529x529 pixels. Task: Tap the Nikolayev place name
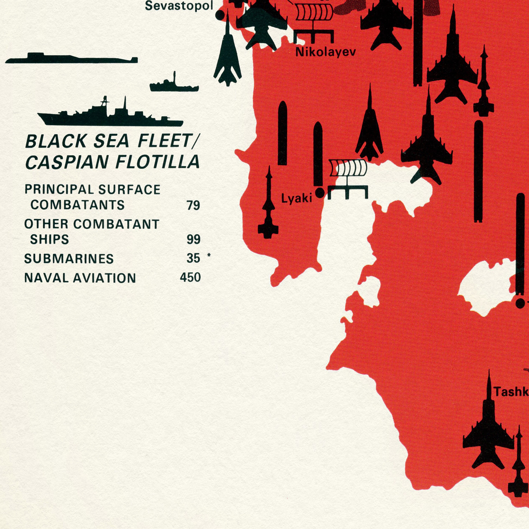(326, 52)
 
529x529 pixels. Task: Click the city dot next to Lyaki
(320, 193)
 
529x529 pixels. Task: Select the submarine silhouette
(71, 59)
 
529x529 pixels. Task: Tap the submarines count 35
(193, 258)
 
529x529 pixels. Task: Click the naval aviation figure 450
(190, 277)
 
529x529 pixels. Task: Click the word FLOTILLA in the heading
(157, 162)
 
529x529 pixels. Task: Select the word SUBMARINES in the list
(69, 259)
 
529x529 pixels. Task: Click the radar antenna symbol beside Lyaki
(348, 178)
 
